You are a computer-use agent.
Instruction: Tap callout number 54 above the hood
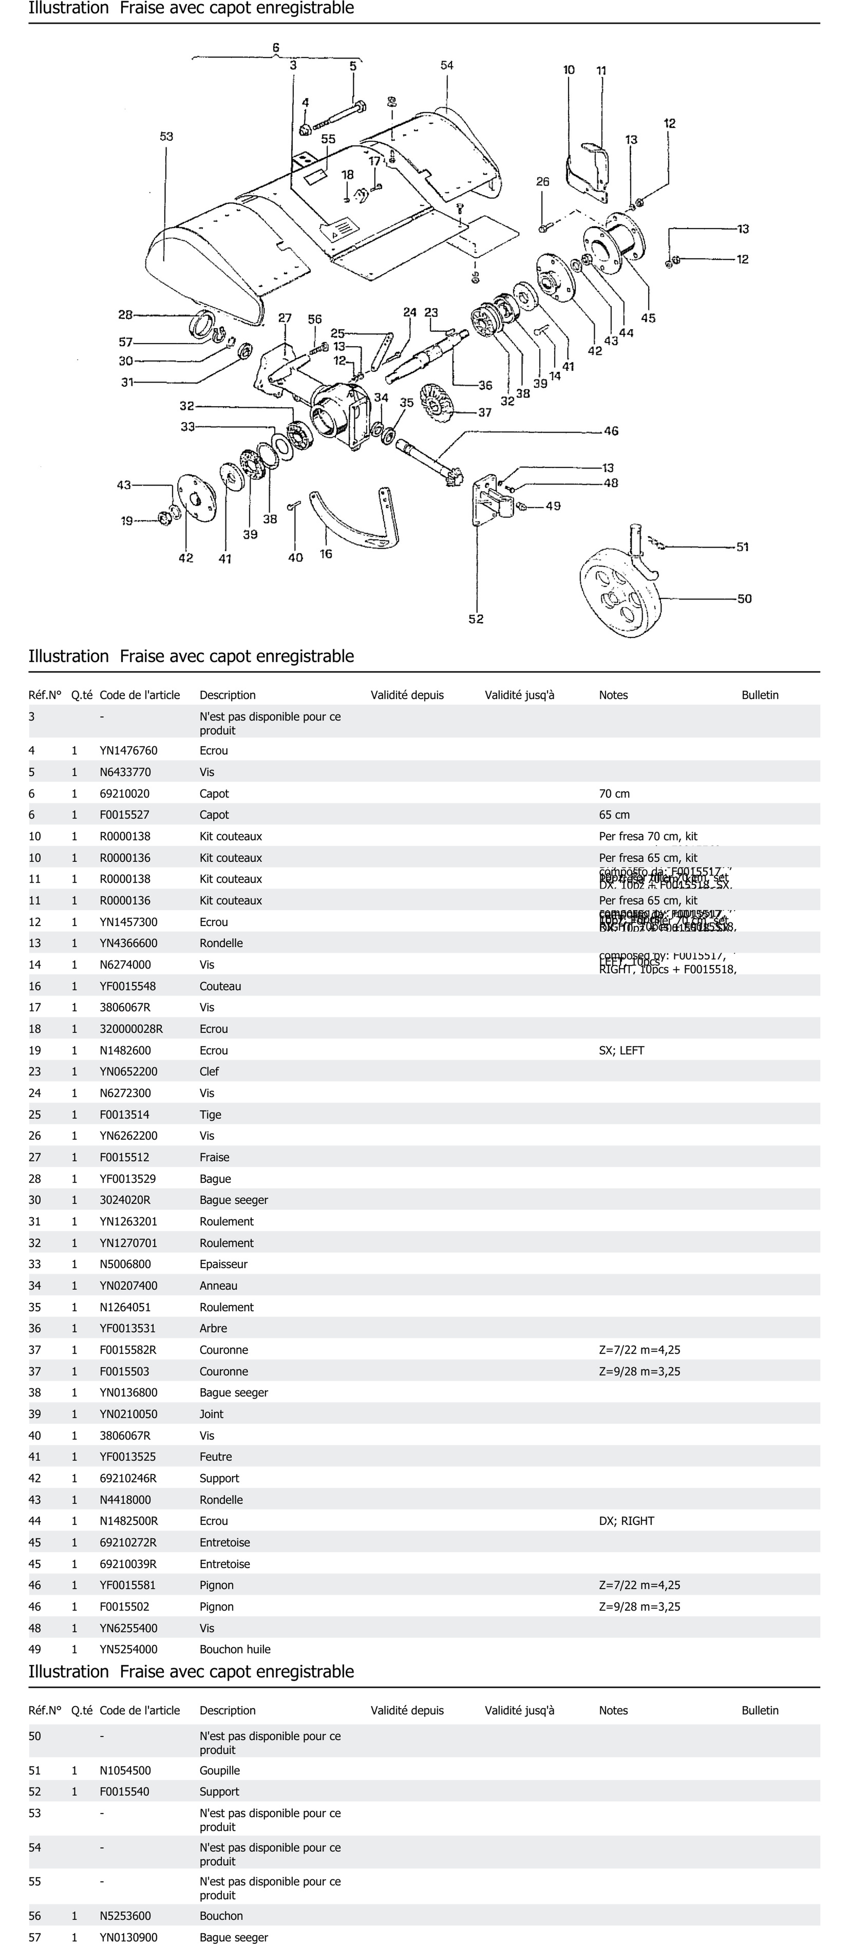click(x=447, y=66)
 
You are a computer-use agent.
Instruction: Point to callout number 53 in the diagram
click(x=166, y=137)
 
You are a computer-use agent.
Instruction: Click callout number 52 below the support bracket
click(x=475, y=619)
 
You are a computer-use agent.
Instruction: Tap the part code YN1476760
click(x=128, y=750)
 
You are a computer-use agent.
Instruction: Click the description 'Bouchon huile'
click(x=235, y=1649)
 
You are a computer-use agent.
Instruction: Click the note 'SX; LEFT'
click(x=621, y=1050)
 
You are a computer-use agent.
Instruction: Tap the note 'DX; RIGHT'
click(x=626, y=1521)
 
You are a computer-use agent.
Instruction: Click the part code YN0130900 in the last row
click(x=128, y=1937)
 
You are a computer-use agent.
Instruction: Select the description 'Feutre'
click(x=216, y=1457)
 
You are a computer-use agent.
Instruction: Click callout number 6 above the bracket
click(x=276, y=48)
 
